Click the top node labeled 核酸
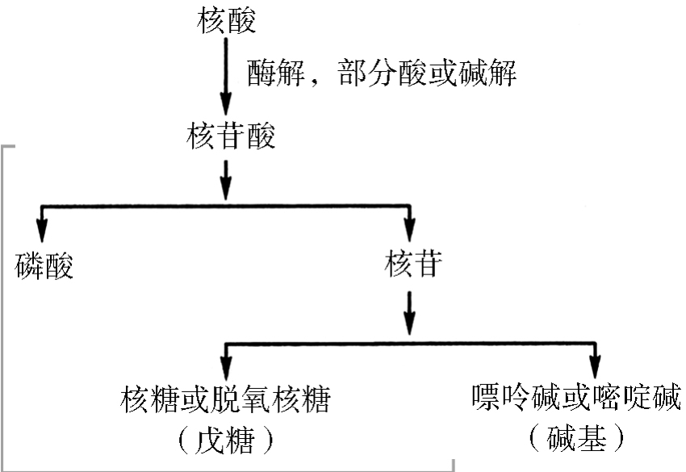[226, 21]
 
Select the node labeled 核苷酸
[229, 136]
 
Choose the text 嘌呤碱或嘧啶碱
[575, 398]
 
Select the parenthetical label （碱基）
[576, 440]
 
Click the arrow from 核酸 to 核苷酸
[226, 77]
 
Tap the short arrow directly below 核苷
[411, 311]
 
